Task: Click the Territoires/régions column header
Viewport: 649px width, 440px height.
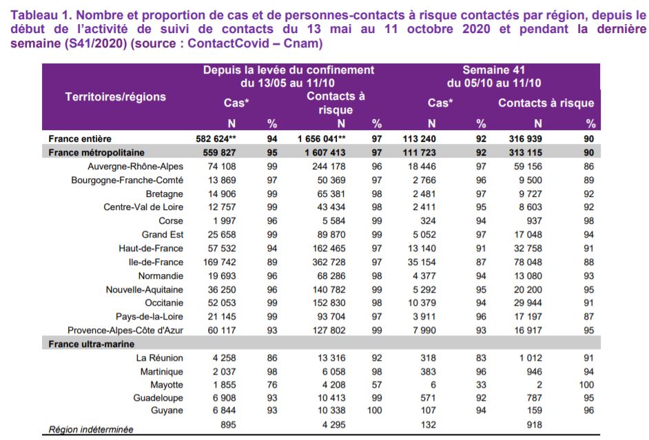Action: [x=116, y=97]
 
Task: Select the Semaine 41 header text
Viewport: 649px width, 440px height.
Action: [x=494, y=70]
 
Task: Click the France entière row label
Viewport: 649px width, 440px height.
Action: [x=80, y=139]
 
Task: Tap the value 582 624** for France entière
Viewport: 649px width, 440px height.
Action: [x=216, y=139]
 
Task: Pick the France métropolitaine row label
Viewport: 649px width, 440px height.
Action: [x=96, y=153]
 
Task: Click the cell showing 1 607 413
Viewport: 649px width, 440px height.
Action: [x=325, y=153]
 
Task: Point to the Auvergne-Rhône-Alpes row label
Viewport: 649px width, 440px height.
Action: [x=135, y=166]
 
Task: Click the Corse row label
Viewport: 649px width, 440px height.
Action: [x=171, y=221]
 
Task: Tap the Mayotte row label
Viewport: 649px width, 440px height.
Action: [x=167, y=385]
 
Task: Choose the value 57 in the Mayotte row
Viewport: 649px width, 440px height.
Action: [x=377, y=385]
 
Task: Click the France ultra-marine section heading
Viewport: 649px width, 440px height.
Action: [x=92, y=344]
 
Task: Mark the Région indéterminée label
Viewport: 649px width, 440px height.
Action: [x=91, y=429]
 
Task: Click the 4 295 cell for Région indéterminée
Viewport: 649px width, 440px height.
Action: [x=333, y=425]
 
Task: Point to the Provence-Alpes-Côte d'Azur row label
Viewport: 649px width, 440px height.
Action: [x=125, y=331]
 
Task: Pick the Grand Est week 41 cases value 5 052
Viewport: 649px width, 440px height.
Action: [x=424, y=235]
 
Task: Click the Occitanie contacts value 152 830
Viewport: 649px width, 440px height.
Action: [x=329, y=303]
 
